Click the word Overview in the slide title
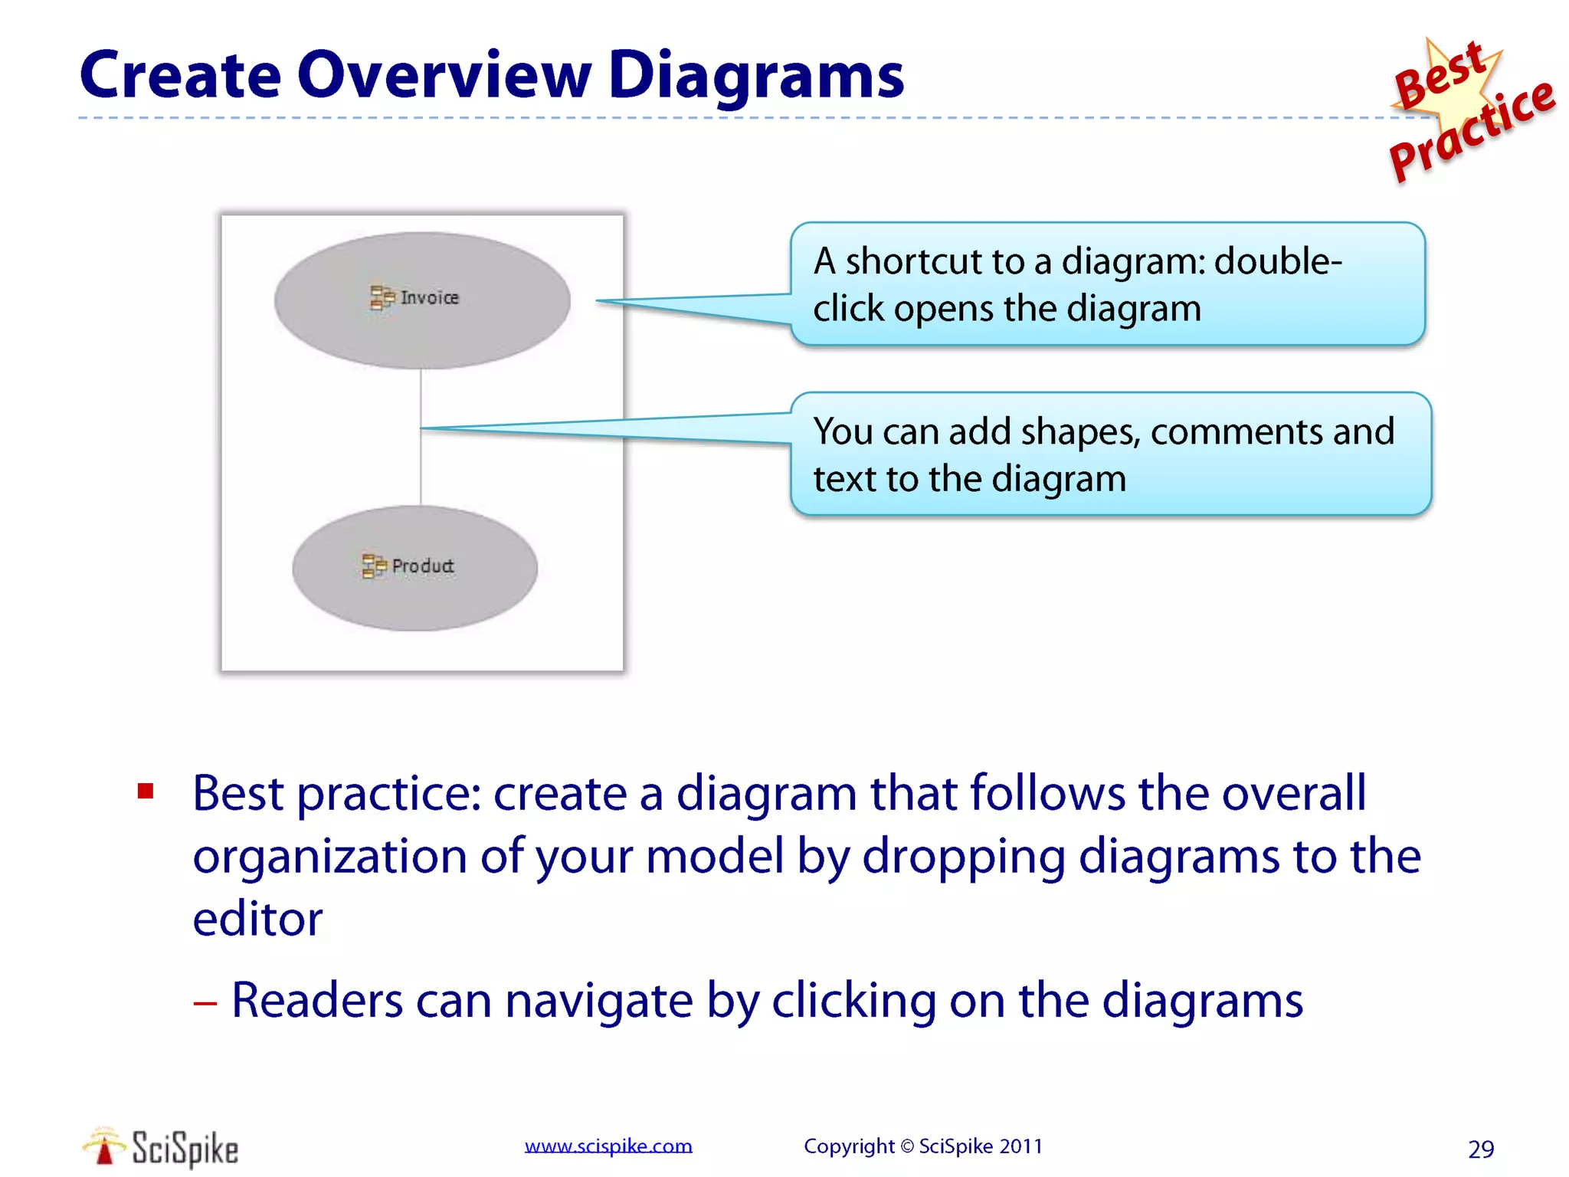[444, 76]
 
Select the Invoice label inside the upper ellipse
[429, 297]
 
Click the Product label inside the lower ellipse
[423, 566]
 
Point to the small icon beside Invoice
[382, 297]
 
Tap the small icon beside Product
[374, 566]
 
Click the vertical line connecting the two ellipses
[421, 467]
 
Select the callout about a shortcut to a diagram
[1107, 284]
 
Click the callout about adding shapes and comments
[1110, 454]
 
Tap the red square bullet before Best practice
[146, 791]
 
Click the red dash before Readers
[205, 1002]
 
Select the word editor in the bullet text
[257, 919]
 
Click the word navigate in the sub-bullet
[598, 1001]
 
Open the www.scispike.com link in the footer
[608, 1146]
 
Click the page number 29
[1481, 1149]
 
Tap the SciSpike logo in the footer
[161, 1148]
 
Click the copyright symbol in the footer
[907, 1146]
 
